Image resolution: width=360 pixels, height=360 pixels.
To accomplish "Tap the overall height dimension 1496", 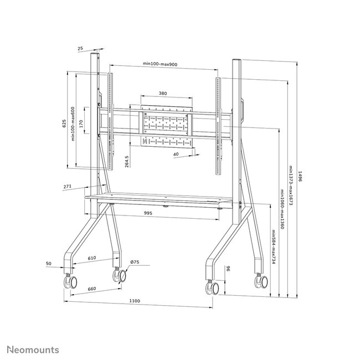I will click(x=299, y=176).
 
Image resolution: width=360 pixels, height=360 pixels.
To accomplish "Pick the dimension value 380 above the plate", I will click(x=163, y=94).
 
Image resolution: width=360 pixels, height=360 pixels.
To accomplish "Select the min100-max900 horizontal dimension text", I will click(x=160, y=64).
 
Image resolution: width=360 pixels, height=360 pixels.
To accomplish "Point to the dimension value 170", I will click(x=81, y=123).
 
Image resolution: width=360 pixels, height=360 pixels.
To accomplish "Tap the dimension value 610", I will click(x=91, y=258).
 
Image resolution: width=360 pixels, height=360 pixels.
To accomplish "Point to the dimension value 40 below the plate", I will click(x=175, y=155).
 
